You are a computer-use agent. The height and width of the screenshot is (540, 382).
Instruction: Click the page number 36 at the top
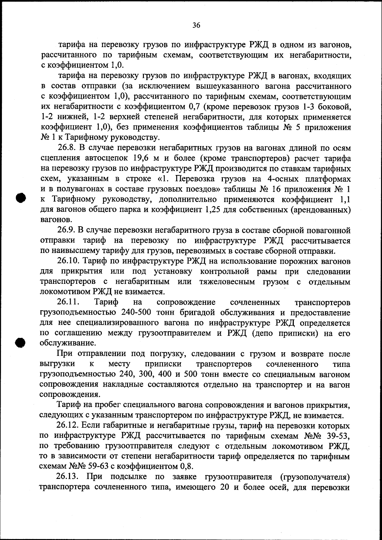pyautogui.click(x=196, y=25)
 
